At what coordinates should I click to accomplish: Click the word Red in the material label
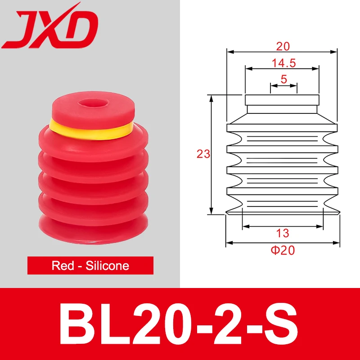[63, 265]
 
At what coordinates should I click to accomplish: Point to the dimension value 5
[283, 79]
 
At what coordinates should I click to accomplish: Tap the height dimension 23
[203, 154]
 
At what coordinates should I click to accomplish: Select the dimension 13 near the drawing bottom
[283, 233]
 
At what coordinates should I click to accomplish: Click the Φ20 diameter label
[283, 251]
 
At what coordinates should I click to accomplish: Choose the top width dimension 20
[283, 46]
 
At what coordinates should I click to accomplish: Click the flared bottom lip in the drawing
[282, 211]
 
